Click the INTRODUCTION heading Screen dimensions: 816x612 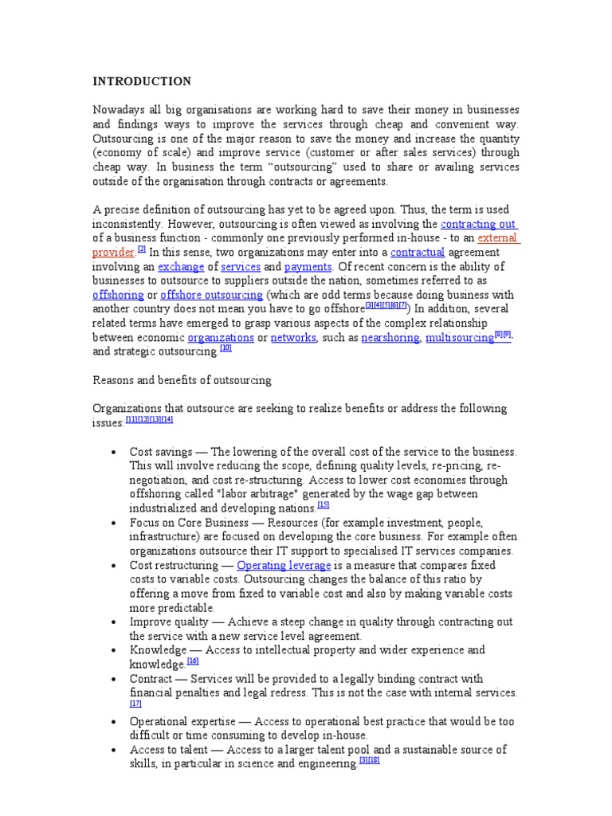(142, 81)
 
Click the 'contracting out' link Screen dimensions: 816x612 (477, 225)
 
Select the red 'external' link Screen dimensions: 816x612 (497, 238)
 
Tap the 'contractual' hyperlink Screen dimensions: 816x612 (417, 253)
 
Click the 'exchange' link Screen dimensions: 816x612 (181, 267)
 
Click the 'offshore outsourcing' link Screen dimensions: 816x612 (211, 295)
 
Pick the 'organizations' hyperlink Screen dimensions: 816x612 (221, 338)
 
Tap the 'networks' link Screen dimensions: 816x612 (293, 338)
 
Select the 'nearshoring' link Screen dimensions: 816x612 (390, 338)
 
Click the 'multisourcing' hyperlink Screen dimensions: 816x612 (459, 338)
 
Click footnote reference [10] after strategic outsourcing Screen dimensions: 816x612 (226, 348)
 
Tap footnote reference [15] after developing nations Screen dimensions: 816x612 (323, 504)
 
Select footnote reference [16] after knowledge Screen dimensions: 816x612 (193, 661)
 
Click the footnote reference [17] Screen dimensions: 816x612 (135, 704)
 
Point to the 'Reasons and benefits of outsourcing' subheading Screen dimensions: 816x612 (182, 380)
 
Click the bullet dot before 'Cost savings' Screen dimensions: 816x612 (116, 452)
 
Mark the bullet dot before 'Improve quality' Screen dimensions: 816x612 (116, 622)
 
